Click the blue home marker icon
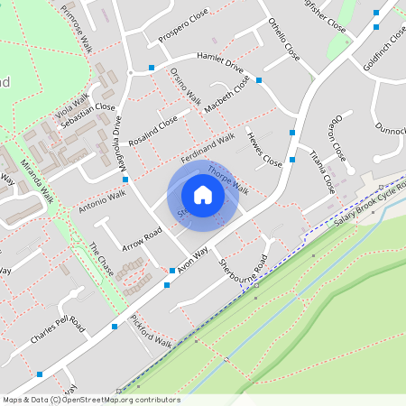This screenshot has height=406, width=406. coord(203,195)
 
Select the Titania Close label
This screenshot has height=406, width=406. coord(322,171)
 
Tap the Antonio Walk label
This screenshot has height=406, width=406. coord(102,200)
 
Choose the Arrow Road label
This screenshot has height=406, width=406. coord(142,239)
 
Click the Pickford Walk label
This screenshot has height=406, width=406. coord(151,331)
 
